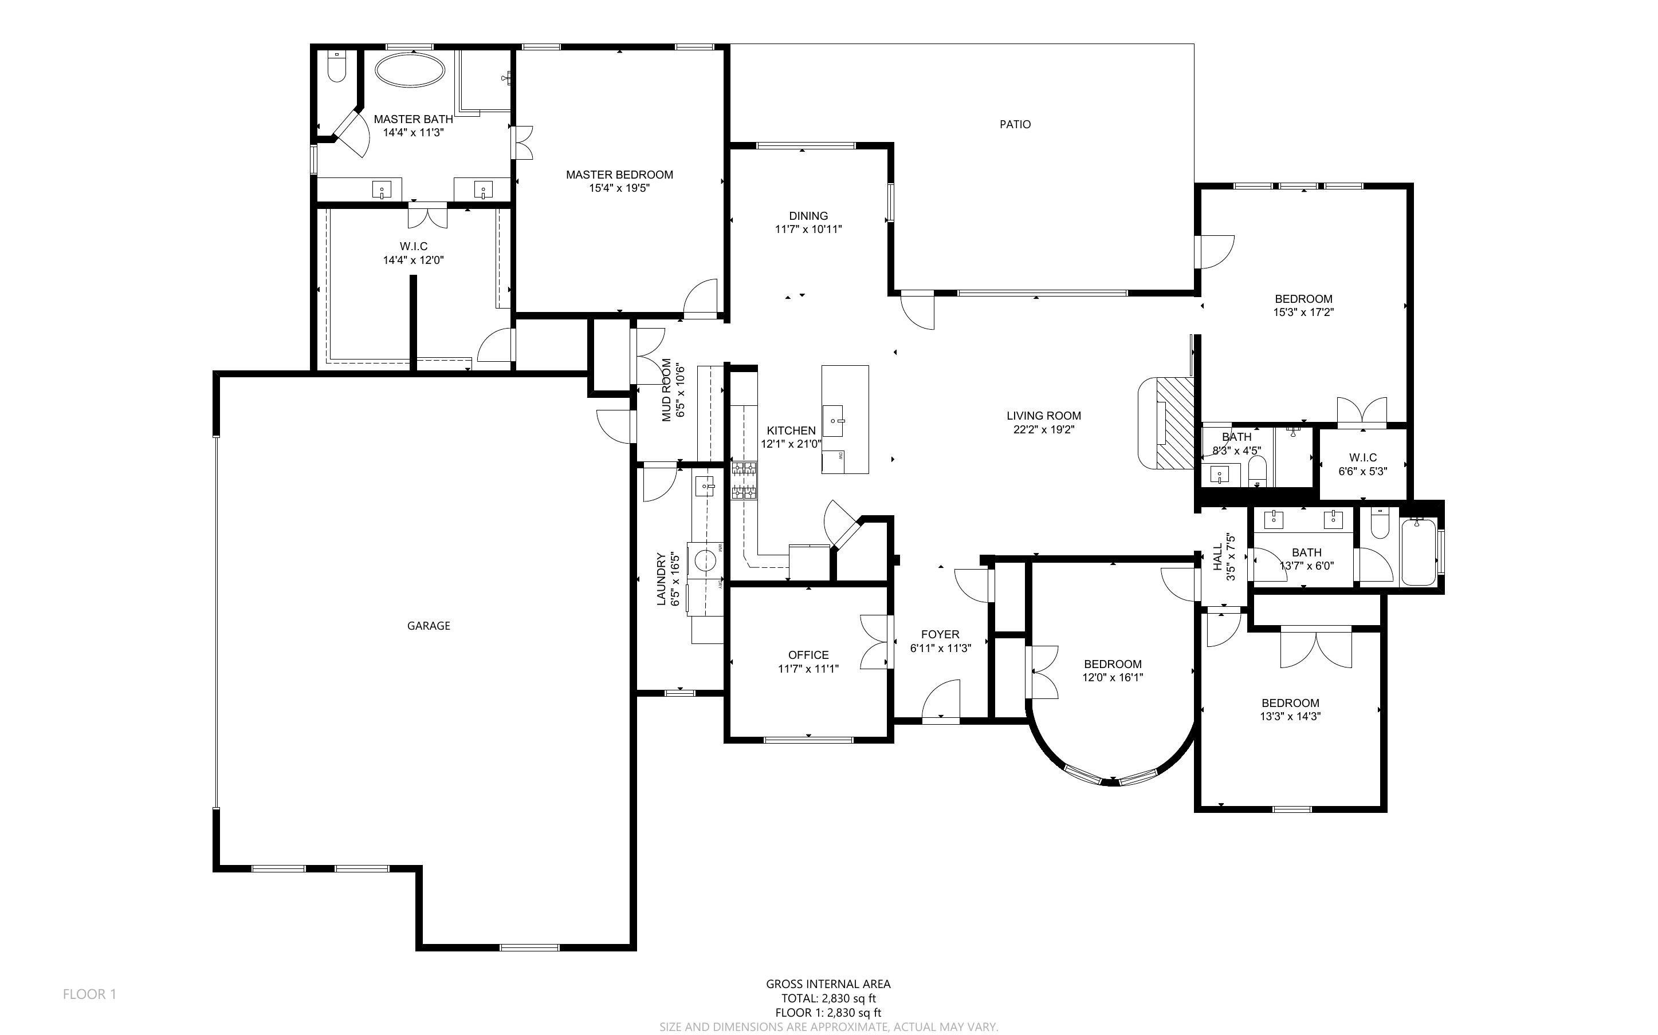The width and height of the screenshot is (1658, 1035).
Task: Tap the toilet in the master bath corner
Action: point(337,66)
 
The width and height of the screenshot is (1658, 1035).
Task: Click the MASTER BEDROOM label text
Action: point(619,175)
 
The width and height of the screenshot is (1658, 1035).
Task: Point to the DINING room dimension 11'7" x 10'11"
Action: point(808,230)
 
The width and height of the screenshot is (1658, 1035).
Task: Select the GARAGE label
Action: point(429,626)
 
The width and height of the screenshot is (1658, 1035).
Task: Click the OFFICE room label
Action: point(808,655)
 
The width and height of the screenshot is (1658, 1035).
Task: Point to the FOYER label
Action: point(940,634)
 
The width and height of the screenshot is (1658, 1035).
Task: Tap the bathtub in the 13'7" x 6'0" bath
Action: point(1419,552)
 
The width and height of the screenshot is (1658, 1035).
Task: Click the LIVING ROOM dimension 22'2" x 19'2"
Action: point(1044,430)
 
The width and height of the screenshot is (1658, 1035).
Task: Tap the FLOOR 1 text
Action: point(90,994)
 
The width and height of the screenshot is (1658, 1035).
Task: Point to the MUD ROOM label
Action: point(666,390)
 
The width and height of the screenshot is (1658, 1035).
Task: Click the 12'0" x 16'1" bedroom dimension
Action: point(1112,678)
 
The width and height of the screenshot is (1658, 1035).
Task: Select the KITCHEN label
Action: point(791,430)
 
